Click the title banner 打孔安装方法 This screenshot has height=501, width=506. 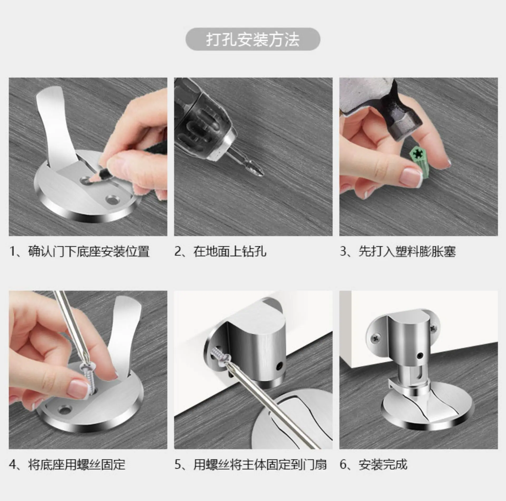[x=253, y=39]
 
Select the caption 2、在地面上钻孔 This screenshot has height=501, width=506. [x=220, y=251]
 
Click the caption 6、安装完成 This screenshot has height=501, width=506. [x=373, y=464]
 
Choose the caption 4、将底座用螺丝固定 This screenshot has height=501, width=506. [x=67, y=464]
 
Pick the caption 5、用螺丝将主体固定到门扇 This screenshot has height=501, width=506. [x=251, y=464]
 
